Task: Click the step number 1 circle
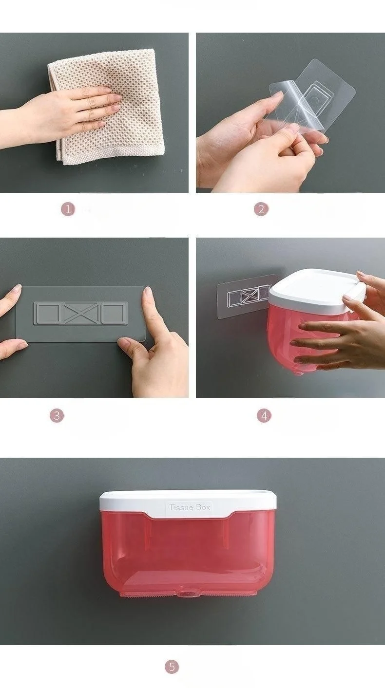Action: click(68, 209)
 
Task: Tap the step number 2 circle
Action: click(261, 209)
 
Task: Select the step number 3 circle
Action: click(57, 415)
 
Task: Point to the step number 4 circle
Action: click(264, 415)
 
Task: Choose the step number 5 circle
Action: click(172, 667)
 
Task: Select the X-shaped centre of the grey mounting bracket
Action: click(80, 313)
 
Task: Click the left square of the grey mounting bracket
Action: click(48, 313)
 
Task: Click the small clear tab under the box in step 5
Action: click(187, 595)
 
